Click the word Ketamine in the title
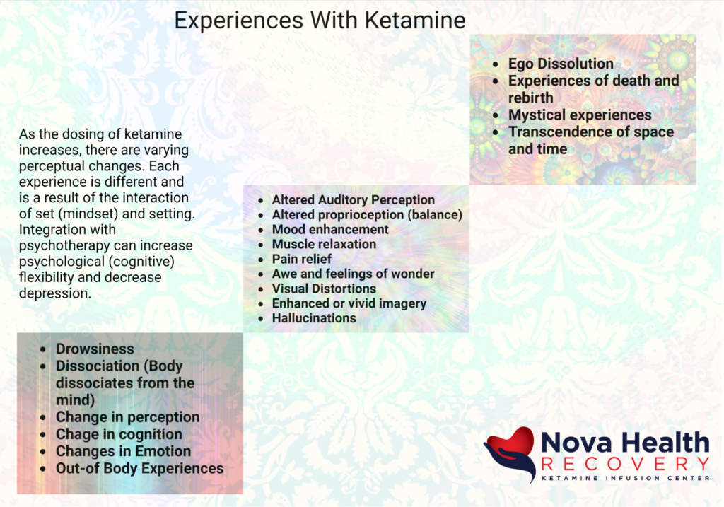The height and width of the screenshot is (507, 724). pyautogui.click(x=414, y=21)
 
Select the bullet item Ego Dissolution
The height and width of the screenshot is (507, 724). pyautogui.click(x=561, y=64)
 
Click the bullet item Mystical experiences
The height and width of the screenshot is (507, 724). pyautogui.click(x=580, y=115)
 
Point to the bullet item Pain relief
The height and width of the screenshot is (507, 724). pyautogui.click(x=301, y=259)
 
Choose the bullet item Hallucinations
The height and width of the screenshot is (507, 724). pyautogui.click(x=314, y=318)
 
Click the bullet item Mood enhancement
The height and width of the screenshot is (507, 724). pyautogui.click(x=330, y=230)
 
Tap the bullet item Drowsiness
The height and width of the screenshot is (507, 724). pyautogui.click(x=95, y=349)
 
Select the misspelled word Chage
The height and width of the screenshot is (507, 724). pyautogui.click(x=76, y=434)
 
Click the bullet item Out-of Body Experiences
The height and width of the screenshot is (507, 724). pyautogui.click(x=139, y=469)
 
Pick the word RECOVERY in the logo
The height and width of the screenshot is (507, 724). pyautogui.click(x=625, y=464)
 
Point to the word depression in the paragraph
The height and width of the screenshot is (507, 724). pyautogui.click(x=54, y=293)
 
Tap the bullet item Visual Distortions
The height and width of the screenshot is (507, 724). pyautogui.click(x=324, y=289)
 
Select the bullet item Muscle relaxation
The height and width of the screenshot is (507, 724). pyautogui.click(x=324, y=244)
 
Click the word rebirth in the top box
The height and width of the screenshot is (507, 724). pyautogui.click(x=530, y=98)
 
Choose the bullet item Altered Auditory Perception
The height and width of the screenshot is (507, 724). pyautogui.click(x=354, y=200)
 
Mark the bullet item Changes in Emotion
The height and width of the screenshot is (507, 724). pyautogui.click(x=123, y=452)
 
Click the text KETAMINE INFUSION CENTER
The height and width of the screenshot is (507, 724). pyautogui.click(x=625, y=479)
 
